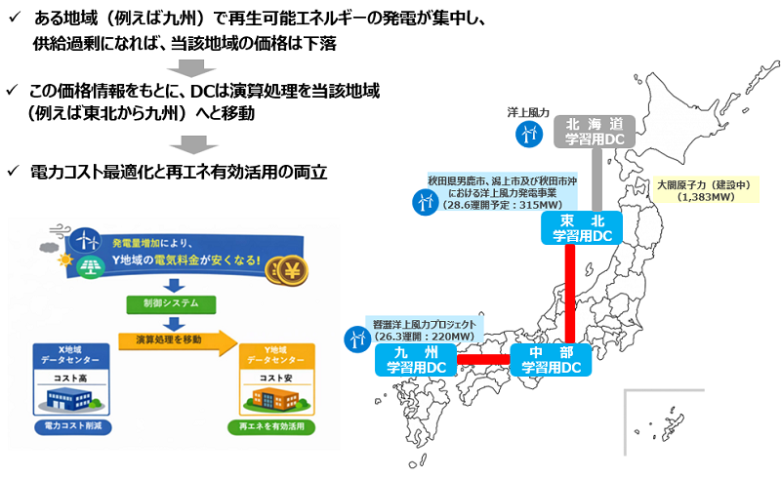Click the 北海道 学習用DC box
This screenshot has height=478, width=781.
596,131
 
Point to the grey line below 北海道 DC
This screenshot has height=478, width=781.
594,180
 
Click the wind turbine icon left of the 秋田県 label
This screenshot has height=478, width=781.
426,202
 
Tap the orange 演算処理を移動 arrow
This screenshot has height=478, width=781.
176,339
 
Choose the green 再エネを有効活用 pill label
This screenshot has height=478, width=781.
275,427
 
